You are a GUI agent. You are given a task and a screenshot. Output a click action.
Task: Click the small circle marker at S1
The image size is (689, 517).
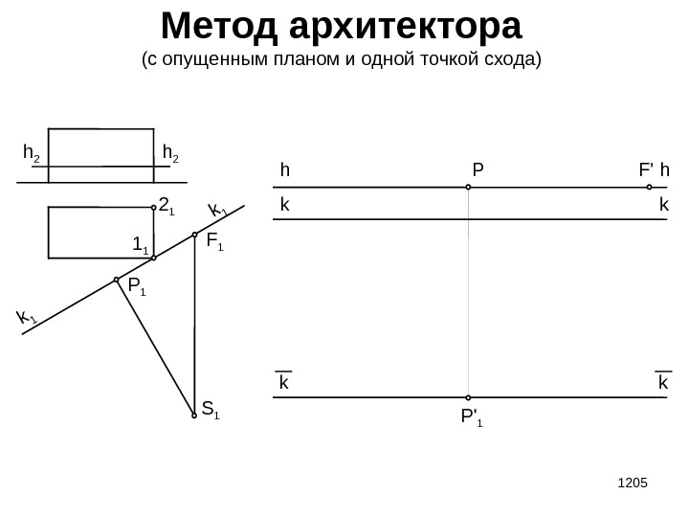[x=194, y=416]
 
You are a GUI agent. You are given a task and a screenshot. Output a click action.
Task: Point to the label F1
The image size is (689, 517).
[x=214, y=241]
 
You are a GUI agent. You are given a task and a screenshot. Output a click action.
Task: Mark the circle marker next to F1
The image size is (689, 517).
[x=194, y=235]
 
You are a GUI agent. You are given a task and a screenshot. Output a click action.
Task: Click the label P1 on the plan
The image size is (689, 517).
[x=137, y=285]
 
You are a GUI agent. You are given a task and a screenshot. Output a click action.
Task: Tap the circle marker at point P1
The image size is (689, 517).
[x=117, y=280]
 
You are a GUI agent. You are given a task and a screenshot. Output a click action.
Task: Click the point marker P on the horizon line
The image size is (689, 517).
[x=469, y=188]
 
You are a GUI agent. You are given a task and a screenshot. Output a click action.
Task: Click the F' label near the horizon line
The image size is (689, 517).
[x=646, y=170]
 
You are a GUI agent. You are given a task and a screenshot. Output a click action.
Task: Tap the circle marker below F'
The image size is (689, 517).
[x=649, y=188]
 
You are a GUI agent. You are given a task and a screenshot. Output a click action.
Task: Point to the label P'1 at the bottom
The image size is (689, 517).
[x=472, y=417]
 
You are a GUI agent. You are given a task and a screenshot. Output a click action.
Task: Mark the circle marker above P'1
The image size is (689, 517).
[x=469, y=397]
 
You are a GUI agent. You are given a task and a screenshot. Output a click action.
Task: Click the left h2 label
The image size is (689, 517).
[x=32, y=153]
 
